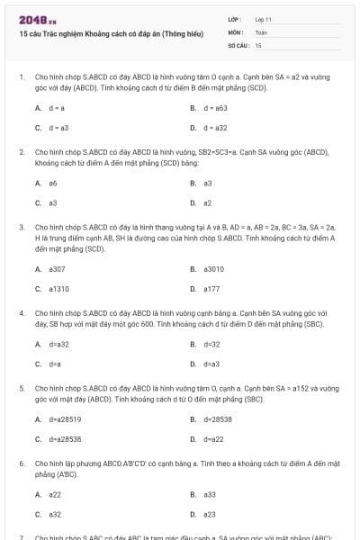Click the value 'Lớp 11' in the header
tap(263, 19)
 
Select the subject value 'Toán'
tap(261, 31)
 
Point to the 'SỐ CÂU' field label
tap(238, 44)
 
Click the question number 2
tap(21, 152)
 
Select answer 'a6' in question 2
tap(53, 183)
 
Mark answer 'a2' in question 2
tap(208, 203)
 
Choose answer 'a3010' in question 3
tap(213, 268)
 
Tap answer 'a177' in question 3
tap(211, 289)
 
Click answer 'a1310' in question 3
tap(58, 289)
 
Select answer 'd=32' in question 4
tap(211, 344)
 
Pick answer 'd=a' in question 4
tap(55, 364)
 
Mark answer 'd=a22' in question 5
tap(213, 439)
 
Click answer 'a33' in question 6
tap(209, 494)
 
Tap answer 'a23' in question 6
tap(209, 515)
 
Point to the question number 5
tap(21, 388)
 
